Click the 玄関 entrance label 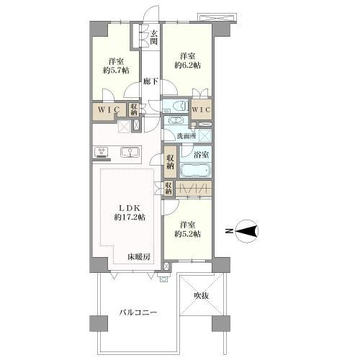coord(154,37)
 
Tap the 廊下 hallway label coord(150,81)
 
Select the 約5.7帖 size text coord(116,71)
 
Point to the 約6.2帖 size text coord(188,65)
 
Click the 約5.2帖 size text coord(188,234)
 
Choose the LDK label coord(130,208)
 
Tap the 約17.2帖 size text coord(130,217)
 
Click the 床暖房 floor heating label coord(139,257)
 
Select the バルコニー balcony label coord(138,312)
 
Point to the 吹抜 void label coord(201,296)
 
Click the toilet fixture coord(179,106)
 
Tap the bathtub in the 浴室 coord(195,170)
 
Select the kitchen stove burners coord(102,152)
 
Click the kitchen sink coord(130,152)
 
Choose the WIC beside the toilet coord(202,109)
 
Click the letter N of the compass coord(229,231)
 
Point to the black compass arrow coord(246,232)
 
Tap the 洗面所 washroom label coord(186,136)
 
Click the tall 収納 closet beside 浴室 coord(170,162)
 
